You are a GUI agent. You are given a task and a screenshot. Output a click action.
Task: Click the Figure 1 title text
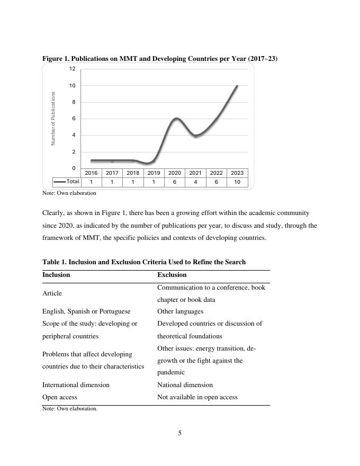160,59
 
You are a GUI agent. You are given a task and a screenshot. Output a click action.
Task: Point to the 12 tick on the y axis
72,69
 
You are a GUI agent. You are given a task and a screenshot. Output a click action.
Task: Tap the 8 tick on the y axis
73,102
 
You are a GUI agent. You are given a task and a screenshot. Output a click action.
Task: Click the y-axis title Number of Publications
53,119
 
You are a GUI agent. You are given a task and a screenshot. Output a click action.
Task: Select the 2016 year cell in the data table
91,173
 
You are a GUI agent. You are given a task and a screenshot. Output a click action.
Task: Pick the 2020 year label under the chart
174,173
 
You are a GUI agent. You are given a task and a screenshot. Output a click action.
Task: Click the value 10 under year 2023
237,182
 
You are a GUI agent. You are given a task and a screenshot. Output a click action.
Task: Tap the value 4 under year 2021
195,182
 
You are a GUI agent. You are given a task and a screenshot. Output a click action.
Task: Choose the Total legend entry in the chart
67,182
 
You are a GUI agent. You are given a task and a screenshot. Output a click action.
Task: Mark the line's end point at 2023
237,85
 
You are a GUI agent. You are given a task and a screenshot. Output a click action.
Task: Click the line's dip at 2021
196,136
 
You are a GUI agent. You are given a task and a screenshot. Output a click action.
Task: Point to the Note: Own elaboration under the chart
69,193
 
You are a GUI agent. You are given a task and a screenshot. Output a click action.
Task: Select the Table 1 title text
144,262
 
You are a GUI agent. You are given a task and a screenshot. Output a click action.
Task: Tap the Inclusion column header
56,275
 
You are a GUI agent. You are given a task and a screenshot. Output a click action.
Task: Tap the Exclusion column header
172,275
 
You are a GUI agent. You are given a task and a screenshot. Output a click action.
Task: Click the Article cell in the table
52,293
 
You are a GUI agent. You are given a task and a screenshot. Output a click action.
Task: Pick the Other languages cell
180,311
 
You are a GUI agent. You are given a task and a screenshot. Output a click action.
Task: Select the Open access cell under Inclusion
60,397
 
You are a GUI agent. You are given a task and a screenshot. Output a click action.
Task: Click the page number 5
180,433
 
